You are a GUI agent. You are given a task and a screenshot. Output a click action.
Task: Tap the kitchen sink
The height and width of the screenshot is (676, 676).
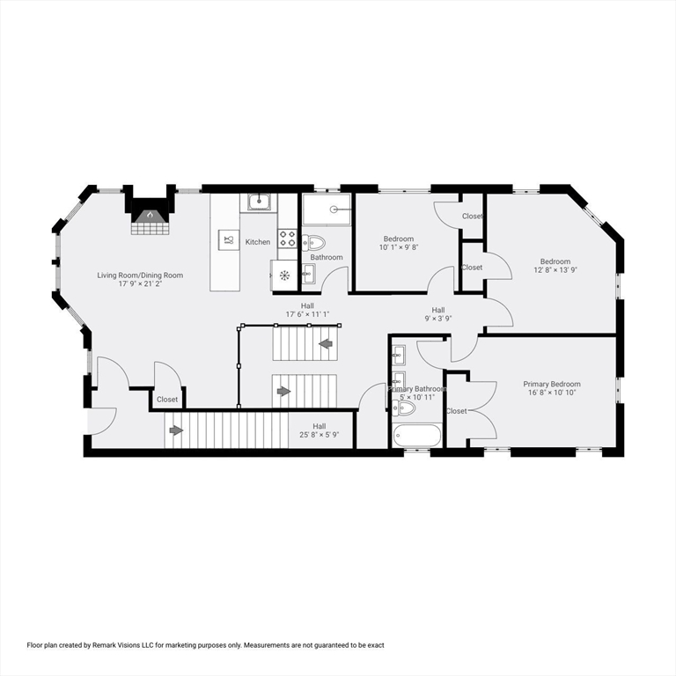(258, 203)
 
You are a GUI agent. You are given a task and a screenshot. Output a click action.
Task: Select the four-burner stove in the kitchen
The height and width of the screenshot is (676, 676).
(287, 236)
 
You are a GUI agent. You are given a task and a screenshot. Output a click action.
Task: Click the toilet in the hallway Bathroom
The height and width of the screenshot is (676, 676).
(314, 243)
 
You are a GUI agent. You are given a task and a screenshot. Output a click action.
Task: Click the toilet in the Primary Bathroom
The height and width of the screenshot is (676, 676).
(403, 407)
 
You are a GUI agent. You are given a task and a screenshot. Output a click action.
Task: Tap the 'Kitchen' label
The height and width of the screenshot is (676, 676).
(258, 242)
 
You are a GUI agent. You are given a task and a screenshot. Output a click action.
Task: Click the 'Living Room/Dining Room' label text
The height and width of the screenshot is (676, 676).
(140, 276)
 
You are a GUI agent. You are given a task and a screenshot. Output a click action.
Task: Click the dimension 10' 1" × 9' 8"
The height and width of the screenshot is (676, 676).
(399, 248)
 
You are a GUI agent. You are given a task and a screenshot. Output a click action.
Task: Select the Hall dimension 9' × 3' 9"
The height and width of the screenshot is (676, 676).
(437, 319)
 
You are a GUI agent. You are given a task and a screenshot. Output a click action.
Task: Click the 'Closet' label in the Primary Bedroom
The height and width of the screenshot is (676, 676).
(457, 411)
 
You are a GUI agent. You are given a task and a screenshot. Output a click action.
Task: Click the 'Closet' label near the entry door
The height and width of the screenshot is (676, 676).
(167, 400)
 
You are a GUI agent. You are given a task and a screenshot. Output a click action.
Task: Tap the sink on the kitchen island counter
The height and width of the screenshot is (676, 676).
(227, 239)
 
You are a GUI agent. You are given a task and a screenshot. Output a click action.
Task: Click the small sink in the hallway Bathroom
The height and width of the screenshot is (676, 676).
(308, 271)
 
